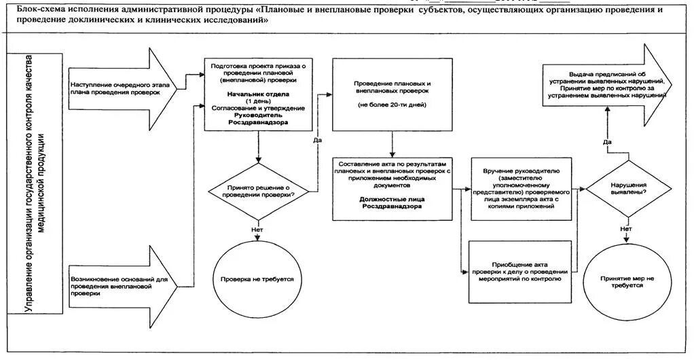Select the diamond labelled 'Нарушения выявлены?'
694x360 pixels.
[x=626, y=189]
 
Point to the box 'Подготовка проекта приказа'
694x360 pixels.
[x=259, y=94]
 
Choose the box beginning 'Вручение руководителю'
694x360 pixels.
[x=520, y=190]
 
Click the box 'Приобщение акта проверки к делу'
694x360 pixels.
[x=520, y=272]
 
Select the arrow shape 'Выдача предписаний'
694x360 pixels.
[x=608, y=84]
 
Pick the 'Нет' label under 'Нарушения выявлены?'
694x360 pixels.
[x=626, y=229]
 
